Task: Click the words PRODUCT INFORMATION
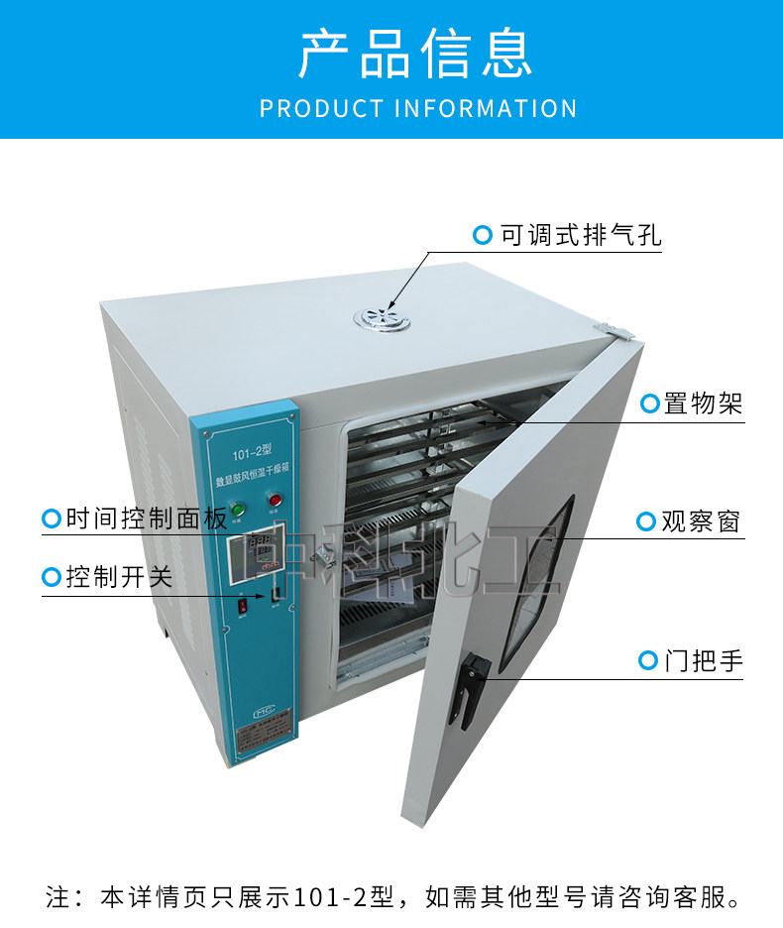click(417, 108)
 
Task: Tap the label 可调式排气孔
click(580, 236)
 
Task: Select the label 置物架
click(703, 404)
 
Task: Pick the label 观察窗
click(701, 522)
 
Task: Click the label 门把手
click(703, 660)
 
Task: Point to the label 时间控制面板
click(146, 519)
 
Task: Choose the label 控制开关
click(119, 577)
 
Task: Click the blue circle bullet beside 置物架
click(650, 404)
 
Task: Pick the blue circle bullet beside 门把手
click(648, 660)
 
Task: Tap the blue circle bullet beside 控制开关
click(51, 577)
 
